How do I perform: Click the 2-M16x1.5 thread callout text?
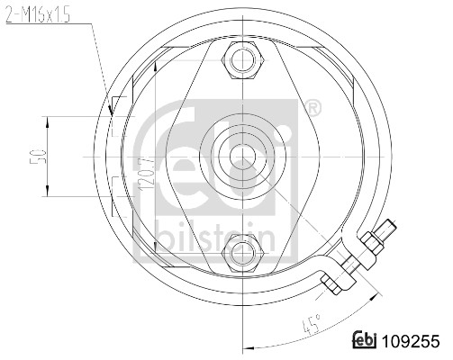pyautogui.click(x=38, y=15)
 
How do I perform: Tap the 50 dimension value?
pyautogui.click(x=38, y=157)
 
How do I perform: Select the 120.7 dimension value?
pyautogui.click(x=147, y=175)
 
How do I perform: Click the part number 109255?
pyautogui.click(x=411, y=341)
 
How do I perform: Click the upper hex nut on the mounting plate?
pyautogui.click(x=242, y=60)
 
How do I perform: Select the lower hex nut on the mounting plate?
pyautogui.click(x=242, y=254)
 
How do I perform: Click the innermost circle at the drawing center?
pyautogui.click(x=242, y=157)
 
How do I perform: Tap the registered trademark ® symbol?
pyautogui.click(x=313, y=109)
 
